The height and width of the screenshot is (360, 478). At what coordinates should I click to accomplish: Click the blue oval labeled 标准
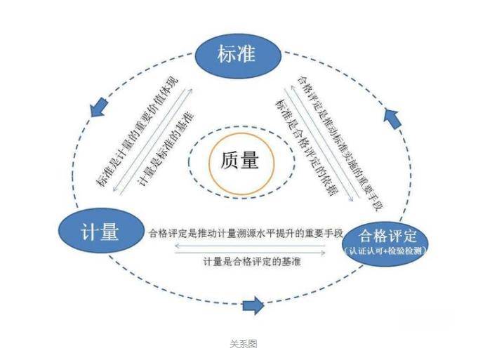point(236,54)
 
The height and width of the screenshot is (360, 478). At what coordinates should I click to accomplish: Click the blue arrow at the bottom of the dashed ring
point(253,305)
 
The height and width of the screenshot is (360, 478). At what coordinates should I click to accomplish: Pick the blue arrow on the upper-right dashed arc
point(393,116)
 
